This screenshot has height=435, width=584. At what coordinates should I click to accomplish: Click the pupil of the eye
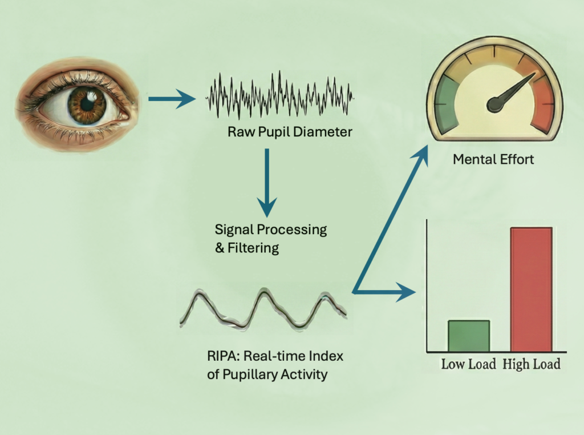point(87,103)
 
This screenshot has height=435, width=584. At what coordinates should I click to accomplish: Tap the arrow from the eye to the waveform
point(171,99)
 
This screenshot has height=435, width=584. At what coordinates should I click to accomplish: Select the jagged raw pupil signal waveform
point(279,94)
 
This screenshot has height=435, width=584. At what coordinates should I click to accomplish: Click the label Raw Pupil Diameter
point(290,132)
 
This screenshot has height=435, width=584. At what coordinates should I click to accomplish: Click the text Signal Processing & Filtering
point(270,239)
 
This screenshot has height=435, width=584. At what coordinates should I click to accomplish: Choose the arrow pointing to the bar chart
point(388,293)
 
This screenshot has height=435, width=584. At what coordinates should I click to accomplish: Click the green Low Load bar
point(468,336)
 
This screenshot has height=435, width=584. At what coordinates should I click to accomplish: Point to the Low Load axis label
point(468,364)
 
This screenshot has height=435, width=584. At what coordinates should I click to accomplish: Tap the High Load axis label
point(532,364)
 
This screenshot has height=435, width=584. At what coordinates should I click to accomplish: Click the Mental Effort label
point(493,159)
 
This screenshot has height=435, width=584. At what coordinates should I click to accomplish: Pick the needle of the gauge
point(516,88)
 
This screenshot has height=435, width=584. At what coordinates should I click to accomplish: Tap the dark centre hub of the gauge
point(496,104)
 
